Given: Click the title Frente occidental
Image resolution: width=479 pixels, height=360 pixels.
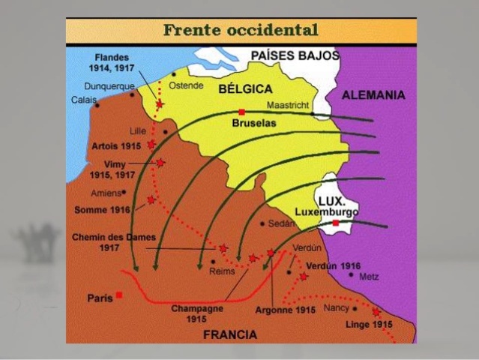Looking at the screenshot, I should tap(241, 30).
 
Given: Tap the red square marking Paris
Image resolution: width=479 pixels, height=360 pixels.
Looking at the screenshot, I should tap(119, 295).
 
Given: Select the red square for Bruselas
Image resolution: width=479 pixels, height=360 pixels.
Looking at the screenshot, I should tap(241, 112).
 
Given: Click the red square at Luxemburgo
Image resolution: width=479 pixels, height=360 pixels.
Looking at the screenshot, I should tap(336, 223).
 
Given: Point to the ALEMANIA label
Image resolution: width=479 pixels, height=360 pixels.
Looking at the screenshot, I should tap(373, 95).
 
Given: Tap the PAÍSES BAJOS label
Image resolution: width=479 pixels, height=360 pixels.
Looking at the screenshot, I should tap(294, 55).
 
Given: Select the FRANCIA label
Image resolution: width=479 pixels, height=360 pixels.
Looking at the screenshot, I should tap(230, 334).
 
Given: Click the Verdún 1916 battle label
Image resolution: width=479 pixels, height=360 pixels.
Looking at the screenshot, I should tap(333, 265).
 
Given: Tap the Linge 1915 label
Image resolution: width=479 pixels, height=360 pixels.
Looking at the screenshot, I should tap(368, 324).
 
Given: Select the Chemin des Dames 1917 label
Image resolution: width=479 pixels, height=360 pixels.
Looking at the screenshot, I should tap(108, 242).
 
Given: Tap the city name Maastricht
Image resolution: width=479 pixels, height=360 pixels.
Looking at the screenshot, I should tap(287, 105).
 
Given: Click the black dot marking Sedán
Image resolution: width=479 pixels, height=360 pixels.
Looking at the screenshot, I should tap(262, 223).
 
